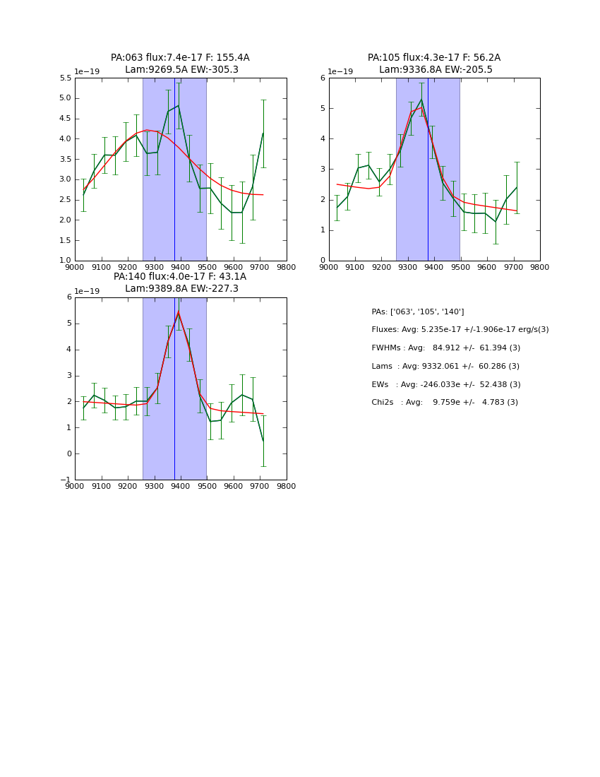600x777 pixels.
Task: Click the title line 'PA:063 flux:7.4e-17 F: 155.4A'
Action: (180, 58)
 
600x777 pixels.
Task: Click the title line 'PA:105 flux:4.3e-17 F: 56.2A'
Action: (434, 58)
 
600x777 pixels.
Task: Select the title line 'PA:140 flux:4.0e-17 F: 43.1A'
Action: (180, 277)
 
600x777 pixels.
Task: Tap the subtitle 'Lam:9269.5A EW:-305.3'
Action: (181, 70)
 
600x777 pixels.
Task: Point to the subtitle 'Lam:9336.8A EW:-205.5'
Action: (436, 70)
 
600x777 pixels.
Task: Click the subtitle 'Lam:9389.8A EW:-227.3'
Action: (181, 289)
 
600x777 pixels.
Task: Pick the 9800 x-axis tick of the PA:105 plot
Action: (540, 268)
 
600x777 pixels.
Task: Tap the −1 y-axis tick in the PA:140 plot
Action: (66, 480)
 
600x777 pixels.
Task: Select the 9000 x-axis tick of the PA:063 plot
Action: (75, 268)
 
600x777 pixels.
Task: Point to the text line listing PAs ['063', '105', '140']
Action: (417, 312)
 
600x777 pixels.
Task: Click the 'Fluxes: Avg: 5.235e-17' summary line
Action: (460, 330)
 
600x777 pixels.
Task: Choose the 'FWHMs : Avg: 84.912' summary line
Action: (445, 348)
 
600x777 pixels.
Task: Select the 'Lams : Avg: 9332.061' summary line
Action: (445, 367)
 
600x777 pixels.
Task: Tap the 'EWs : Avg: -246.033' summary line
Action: (445, 384)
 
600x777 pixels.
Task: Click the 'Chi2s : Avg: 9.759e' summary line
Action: (445, 403)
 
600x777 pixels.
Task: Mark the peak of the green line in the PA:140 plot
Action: (179, 312)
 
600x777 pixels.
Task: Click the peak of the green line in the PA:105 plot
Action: (421, 98)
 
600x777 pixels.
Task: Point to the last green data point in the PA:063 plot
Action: (263, 134)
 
